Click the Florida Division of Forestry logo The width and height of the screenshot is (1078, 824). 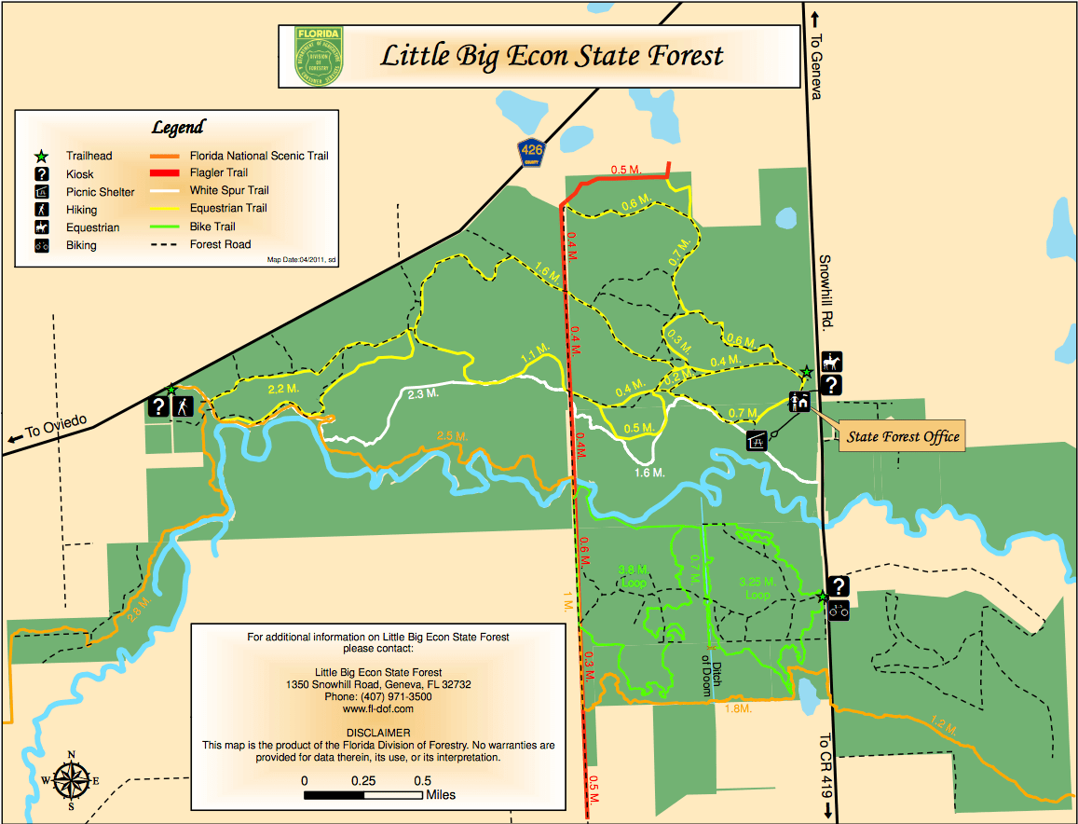tap(319, 56)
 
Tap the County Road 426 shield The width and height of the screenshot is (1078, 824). tap(533, 150)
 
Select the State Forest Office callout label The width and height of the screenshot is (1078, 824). tap(902, 436)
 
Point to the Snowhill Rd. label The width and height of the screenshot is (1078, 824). tap(826, 290)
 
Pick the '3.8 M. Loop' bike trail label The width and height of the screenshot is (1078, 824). tap(633, 577)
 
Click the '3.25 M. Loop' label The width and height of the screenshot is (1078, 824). tap(757, 588)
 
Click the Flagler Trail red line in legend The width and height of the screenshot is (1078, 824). tap(166, 173)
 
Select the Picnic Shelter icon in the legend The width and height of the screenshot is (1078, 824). tap(41, 192)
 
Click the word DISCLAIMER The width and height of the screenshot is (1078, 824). tap(377, 733)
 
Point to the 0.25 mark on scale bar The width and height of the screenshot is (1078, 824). tap(363, 780)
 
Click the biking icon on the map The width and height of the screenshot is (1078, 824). tap(839, 611)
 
